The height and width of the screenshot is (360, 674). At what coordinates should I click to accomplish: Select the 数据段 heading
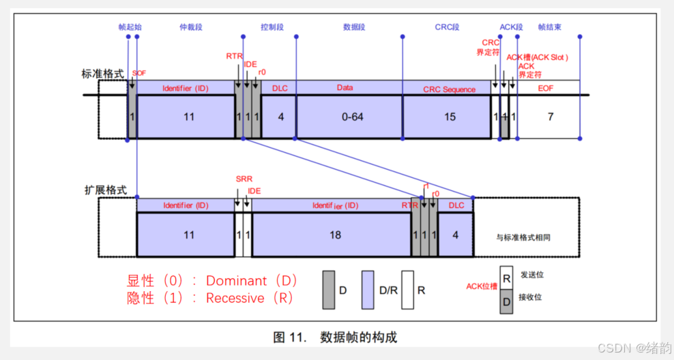[355, 27]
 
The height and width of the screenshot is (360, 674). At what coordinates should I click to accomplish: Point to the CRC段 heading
[447, 27]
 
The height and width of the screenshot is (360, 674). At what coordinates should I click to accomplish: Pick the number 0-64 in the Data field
[352, 117]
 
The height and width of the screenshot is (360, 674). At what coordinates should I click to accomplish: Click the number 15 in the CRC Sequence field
[450, 117]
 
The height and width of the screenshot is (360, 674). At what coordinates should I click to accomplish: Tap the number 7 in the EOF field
[550, 117]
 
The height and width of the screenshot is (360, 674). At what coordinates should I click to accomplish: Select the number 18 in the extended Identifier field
[335, 235]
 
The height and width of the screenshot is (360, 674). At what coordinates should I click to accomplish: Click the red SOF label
[139, 73]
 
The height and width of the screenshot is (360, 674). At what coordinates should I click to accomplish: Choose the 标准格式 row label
[104, 74]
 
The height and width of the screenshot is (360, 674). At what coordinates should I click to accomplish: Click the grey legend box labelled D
[328, 290]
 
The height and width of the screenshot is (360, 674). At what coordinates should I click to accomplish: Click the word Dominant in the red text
[235, 281]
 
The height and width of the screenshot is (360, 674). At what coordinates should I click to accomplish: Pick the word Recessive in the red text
[235, 298]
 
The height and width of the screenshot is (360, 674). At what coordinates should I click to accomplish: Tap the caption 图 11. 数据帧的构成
[335, 337]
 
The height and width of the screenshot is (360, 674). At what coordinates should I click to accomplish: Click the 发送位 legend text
[531, 275]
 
